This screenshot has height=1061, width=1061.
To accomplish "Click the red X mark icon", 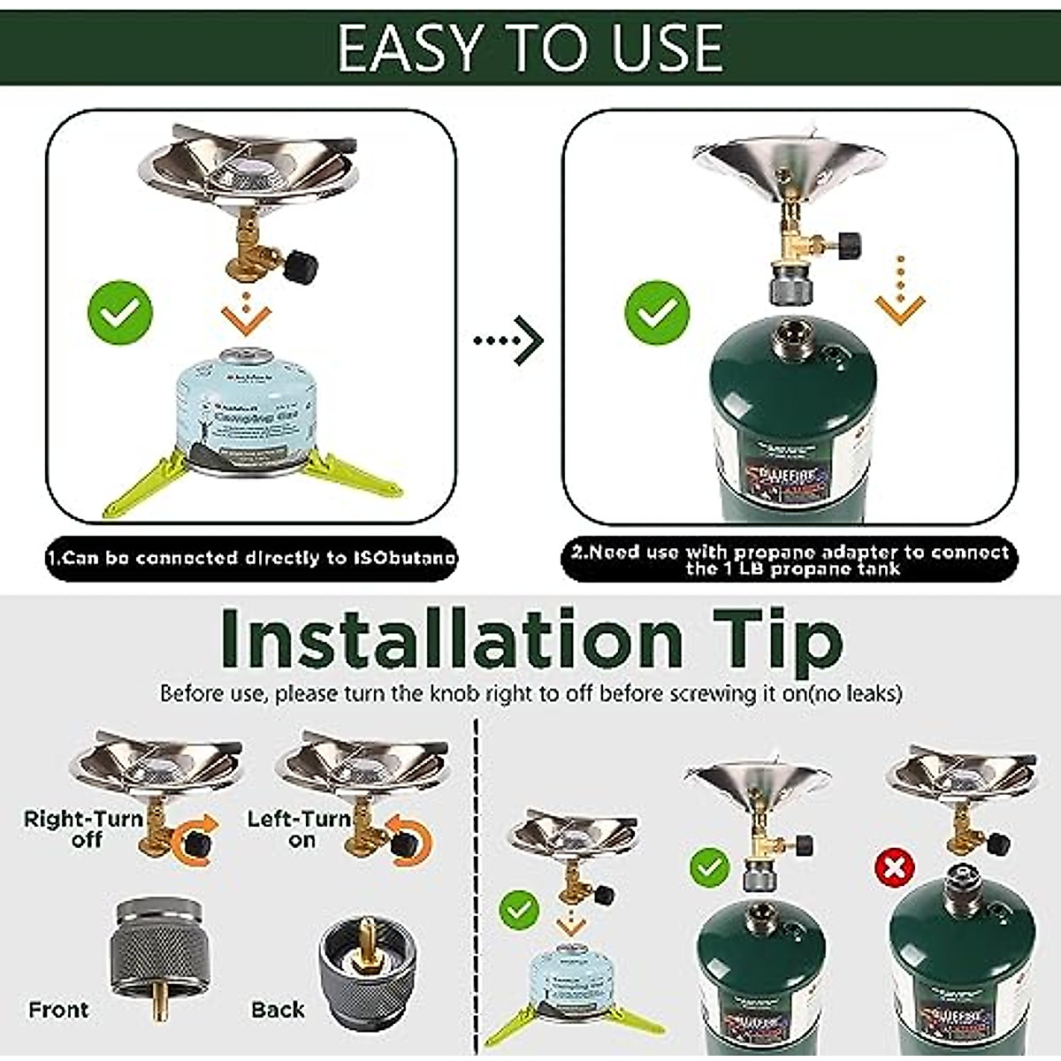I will tap(894, 867).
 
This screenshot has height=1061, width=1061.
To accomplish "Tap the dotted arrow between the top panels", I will tap(508, 340).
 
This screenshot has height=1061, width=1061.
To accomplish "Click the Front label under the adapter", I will tap(58, 1010).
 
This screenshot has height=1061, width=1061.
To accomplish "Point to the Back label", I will tap(277, 1010).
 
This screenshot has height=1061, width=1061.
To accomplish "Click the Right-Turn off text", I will tap(84, 828).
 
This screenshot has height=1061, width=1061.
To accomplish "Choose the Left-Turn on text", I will tap(301, 828).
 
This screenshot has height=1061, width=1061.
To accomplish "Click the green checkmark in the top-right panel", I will tap(657, 312).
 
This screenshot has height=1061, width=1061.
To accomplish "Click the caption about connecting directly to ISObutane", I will tap(252, 558).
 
